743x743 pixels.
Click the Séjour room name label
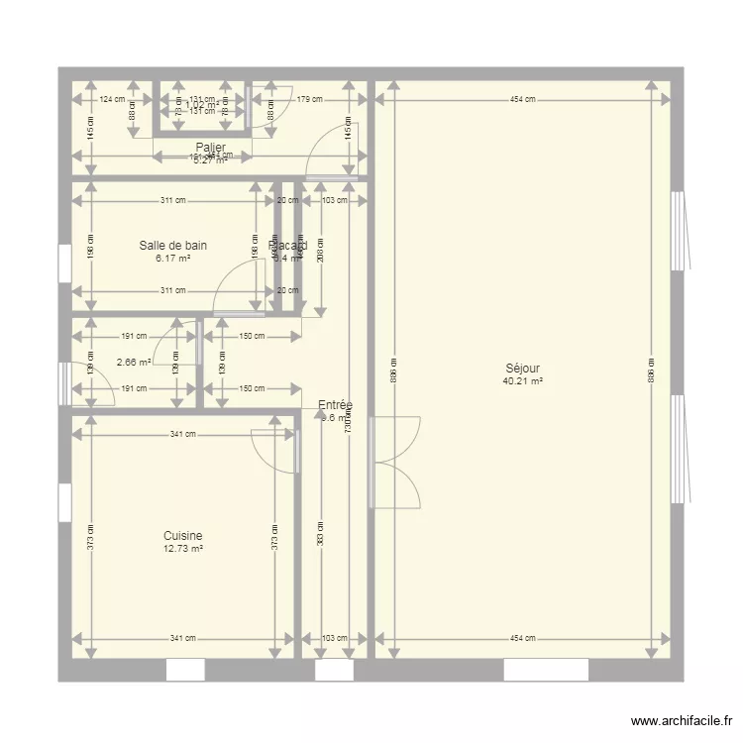coord(521,369)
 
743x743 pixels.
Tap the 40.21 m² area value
coord(521,380)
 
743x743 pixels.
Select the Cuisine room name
coord(183,536)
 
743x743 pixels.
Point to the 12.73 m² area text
coord(183,548)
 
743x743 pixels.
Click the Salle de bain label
coord(173,246)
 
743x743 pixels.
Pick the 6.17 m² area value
coord(173,258)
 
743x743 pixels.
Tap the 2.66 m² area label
coord(133,363)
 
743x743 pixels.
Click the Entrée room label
coord(335,405)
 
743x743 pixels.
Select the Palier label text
coord(210,148)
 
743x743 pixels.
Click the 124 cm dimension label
coord(112,99)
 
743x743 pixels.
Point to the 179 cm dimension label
coord(310,99)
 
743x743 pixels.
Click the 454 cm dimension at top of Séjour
coord(522,99)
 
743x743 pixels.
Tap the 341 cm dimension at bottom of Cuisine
coord(182,639)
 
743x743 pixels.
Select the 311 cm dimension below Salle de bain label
coord(172,290)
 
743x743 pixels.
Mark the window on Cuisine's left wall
coord(64,502)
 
